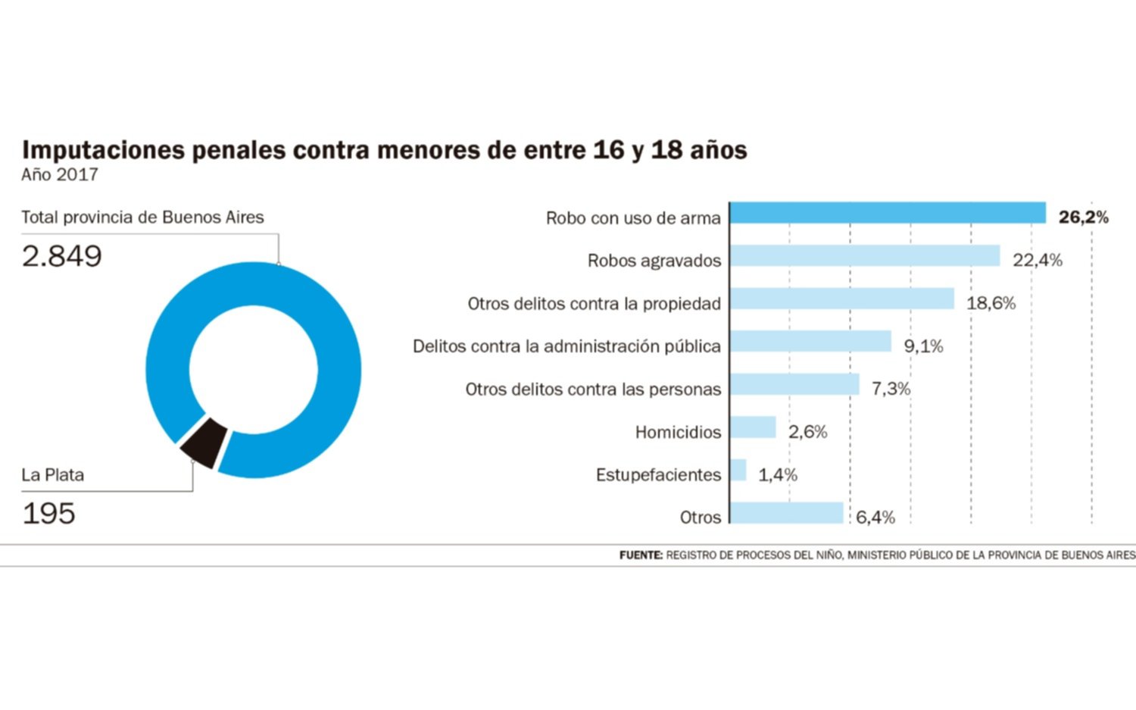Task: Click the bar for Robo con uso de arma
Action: tap(888, 213)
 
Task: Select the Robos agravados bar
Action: tap(865, 255)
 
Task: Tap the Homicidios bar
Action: tap(753, 427)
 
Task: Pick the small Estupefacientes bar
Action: tap(738, 470)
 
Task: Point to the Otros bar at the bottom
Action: tap(787, 512)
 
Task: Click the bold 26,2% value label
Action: tap(1083, 217)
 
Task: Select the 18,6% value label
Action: tap(991, 303)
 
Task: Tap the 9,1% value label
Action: tap(923, 346)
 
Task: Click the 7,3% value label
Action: tap(891, 389)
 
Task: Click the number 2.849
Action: tap(62, 256)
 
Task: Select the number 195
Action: tap(48, 514)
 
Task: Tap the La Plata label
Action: tap(53, 475)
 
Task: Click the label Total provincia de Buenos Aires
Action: tap(142, 217)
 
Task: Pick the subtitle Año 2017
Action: tap(59, 174)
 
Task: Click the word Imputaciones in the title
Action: tap(103, 150)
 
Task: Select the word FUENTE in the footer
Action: tap(641, 555)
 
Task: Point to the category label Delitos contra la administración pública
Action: tap(566, 346)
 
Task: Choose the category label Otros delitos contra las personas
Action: tap(593, 389)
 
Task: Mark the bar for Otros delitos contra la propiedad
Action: tap(842, 299)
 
